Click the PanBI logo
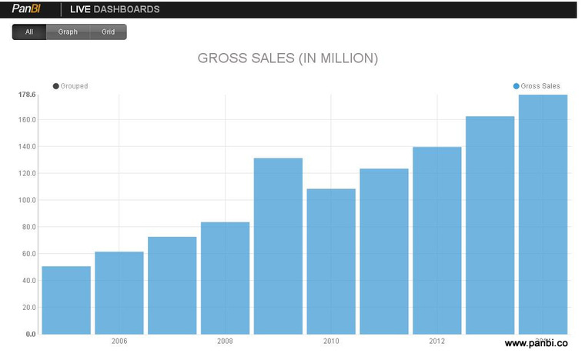[26, 9]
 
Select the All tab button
[29, 32]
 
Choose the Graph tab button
[68, 32]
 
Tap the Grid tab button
[108, 32]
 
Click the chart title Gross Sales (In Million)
[288, 58]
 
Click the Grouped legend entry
[70, 86]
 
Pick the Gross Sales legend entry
[537, 86]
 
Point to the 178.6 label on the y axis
[26, 95]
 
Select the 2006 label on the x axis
[119, 341]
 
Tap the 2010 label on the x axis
[331, 341]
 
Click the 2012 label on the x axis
[437, 341]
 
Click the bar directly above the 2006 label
[119, 293]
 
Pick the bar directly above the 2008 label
[225, 278]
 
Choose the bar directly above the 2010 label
[331, 262]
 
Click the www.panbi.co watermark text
[536, 345]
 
